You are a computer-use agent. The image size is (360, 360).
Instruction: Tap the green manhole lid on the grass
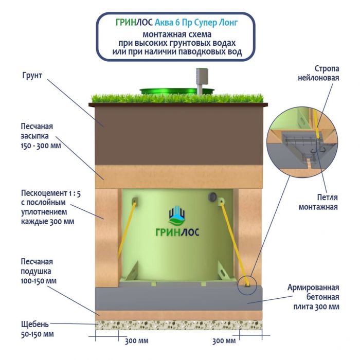[x=177, y=91]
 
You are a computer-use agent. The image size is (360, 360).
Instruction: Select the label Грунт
[x=32, y=76]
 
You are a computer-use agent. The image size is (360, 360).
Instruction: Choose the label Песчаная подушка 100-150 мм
[x=37, y=271]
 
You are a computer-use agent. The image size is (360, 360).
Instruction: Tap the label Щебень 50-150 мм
[x=35, y=329]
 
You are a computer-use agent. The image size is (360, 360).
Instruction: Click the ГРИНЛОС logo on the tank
[x=178, y=224]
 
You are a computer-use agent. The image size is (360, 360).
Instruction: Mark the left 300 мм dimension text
[x=137, y=340]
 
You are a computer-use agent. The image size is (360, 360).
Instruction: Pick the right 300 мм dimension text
[x=224, y=340]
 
